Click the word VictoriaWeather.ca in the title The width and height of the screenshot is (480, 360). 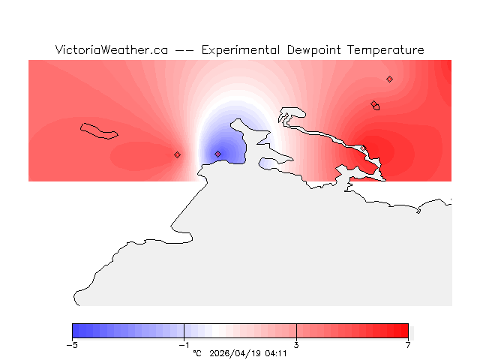[x=111, y=50]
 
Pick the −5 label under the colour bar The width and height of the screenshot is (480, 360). [x=72, y=344]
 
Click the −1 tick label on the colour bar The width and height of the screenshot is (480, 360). [x=184, y=344]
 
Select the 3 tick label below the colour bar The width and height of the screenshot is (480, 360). [x=296, y=344]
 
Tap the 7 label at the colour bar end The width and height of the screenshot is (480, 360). [x=408, y=344]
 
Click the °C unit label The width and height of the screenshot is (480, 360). [x=197, y=352]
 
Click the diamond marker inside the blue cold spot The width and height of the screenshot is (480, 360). [x=217, y=154]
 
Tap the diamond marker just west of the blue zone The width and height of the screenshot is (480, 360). [x=177, y=154]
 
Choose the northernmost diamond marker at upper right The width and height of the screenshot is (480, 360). [x=389, y=79]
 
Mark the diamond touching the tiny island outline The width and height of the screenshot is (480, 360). [x=373, y=104]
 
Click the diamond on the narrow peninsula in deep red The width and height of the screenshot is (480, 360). [x=363, y=148]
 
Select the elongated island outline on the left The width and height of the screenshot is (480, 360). [x=100, y=131]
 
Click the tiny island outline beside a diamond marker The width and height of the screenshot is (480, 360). [x=376, y=107]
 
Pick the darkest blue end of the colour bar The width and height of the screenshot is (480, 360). [x=74, y=331]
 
